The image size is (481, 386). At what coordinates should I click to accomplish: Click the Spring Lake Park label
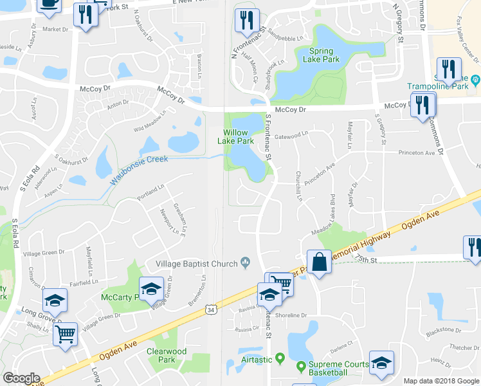pos(320,55)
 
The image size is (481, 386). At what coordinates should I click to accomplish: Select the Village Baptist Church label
pos(197,262)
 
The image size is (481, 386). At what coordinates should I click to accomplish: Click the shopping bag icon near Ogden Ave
pos(319,262)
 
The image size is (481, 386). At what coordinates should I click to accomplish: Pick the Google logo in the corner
pos(22,378)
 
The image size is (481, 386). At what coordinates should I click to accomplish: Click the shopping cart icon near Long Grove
pos(64,335)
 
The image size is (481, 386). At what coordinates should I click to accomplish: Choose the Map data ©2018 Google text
pos(440,381)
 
